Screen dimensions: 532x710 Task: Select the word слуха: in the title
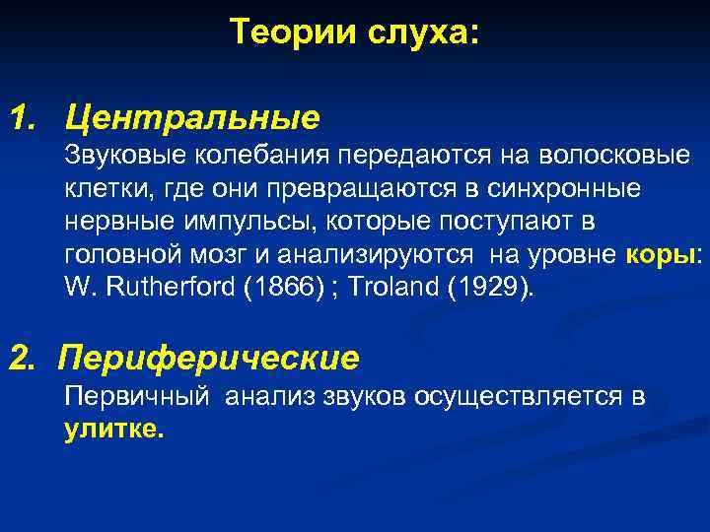pyautogui.click(x=418, y=33)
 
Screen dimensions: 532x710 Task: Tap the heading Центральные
pyautogui.click(x=192, y=119)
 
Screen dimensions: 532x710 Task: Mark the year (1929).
pyautogui.click(x=490, y=290)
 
